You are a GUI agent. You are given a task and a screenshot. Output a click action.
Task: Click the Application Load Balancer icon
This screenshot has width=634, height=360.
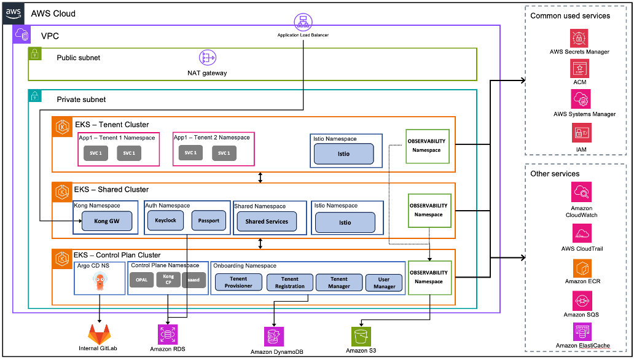[x=302, y=22]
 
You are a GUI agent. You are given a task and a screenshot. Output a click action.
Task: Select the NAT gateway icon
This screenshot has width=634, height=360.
[x=207, y=58]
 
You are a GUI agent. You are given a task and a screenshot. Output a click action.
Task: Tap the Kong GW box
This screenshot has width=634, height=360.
[x=106, y=221]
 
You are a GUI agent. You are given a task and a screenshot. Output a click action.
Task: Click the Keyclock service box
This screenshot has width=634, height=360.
[x=165, y=220]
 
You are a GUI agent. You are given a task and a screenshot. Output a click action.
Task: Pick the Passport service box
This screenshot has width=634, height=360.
[x=208, y=220]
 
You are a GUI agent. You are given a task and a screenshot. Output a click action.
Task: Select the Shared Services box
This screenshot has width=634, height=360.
[x=266, y=221]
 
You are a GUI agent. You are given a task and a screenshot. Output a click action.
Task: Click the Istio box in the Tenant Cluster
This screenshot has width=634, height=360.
[x=343, y=154]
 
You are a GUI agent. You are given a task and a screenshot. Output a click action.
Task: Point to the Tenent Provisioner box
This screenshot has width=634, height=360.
[x=238, y=283]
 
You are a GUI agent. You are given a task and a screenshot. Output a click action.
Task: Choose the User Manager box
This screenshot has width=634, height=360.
[x=385, y=283]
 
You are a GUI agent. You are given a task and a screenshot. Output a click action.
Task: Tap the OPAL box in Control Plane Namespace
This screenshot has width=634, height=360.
[x=141, y=280]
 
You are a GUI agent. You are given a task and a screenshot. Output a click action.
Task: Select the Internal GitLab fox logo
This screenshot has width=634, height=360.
[x=100, y=334]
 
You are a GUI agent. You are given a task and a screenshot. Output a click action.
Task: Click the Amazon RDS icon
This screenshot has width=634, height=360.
[x=167, y=333]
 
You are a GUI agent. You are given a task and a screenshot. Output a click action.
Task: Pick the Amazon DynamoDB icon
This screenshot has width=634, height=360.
[x=274, y=336]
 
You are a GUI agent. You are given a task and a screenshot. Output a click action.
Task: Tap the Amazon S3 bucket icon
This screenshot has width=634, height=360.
[x=361, y=336]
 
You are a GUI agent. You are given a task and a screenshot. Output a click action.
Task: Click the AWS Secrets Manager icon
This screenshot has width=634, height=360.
[x=579, y=38]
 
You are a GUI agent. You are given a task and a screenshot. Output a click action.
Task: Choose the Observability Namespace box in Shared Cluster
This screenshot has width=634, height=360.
[x=428, y=210]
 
